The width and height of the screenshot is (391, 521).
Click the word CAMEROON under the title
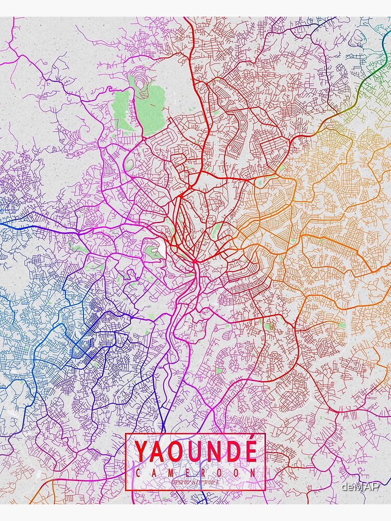coord(195,473)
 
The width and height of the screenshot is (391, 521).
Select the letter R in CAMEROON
coord(204,473)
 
